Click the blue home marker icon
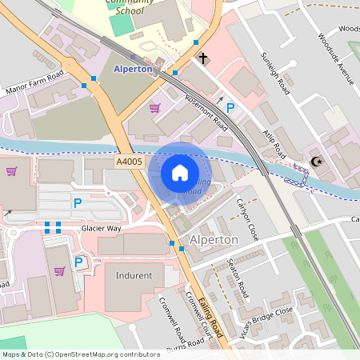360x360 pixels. coord(180,173)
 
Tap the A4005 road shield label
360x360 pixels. coord(128,162)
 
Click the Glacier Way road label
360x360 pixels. coord(101,228)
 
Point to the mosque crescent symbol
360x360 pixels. coord(318,162)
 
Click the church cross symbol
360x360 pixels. coord(204,58)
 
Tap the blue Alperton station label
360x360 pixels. coord(133,69)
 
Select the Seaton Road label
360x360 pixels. coord(239,278)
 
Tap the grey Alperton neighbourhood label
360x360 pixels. coord(214,240)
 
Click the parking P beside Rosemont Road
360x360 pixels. coord(230,108)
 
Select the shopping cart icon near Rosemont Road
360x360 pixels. coord(154,107)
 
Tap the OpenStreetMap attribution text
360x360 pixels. coord(80,354)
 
